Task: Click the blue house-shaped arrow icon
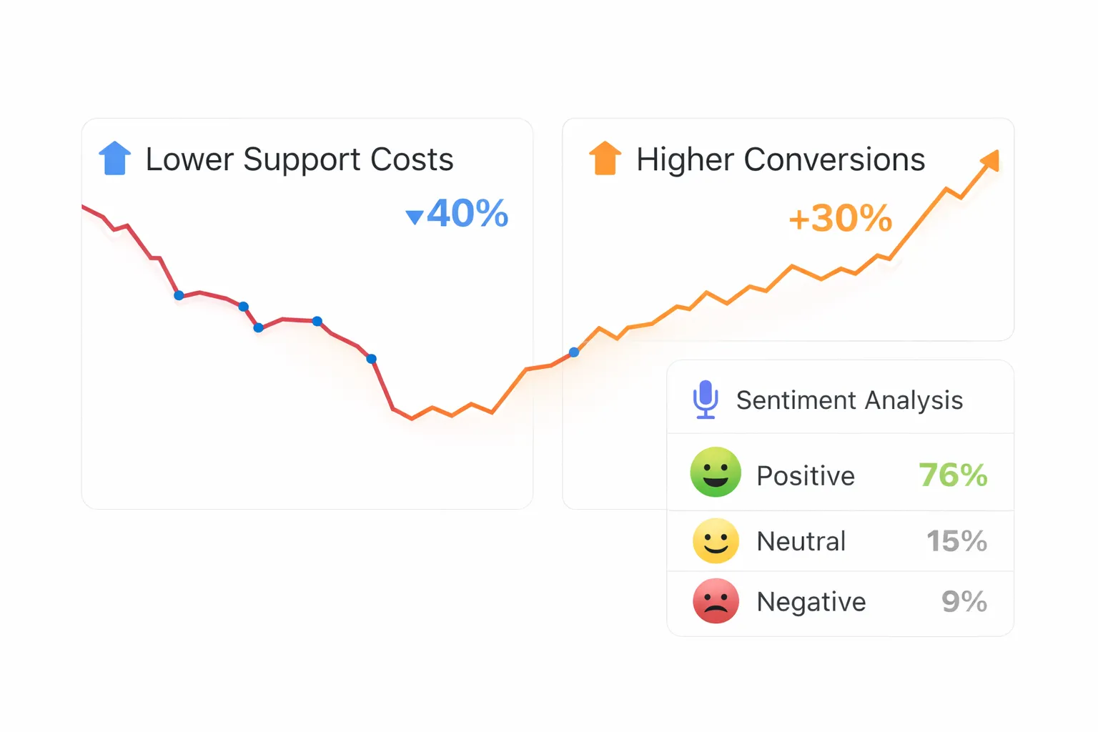(114, 159)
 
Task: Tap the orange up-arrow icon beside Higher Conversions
(605, 159)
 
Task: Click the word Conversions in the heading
(834, 159)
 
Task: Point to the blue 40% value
(468, 213)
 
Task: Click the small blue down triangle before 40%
(414, 217)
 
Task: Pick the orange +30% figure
(841, 218)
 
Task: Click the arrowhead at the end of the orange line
(991, 160)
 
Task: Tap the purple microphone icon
(706, 399)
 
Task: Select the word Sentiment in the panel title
(786, 400)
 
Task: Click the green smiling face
(715, 473)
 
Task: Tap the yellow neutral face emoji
(715, 540)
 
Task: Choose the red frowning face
(715, 601)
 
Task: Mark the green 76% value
(953, 475)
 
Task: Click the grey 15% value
(956, 541)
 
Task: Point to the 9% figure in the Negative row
(964, 602)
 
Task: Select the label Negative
(811, 602)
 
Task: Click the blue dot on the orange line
(574, 352)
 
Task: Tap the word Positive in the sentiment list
(806, 476)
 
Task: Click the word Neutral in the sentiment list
(801, 541)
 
